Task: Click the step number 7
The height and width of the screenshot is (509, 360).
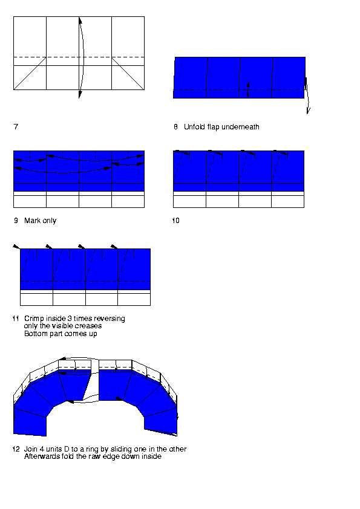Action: click(16, 126)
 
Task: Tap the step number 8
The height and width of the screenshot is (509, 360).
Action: click(175, 126)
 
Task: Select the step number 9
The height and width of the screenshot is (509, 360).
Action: click(16, 221)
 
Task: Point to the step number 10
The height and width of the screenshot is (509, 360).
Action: click(176, 221)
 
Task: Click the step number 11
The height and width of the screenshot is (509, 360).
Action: click(16, 319)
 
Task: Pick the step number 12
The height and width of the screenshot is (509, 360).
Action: click(16, 449)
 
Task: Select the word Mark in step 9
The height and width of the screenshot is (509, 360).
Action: click(32, 221)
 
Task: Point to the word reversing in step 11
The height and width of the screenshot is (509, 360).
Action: click(109, 319)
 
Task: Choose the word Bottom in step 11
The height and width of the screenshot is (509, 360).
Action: click(34, 334)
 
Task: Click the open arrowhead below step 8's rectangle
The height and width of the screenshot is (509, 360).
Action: click(309, 111)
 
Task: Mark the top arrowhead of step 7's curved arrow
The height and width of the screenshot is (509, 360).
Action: click(80, 20)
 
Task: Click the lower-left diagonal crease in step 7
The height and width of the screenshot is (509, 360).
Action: click(30, 73)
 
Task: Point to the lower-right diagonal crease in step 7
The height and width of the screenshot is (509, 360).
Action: click(128, 73)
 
